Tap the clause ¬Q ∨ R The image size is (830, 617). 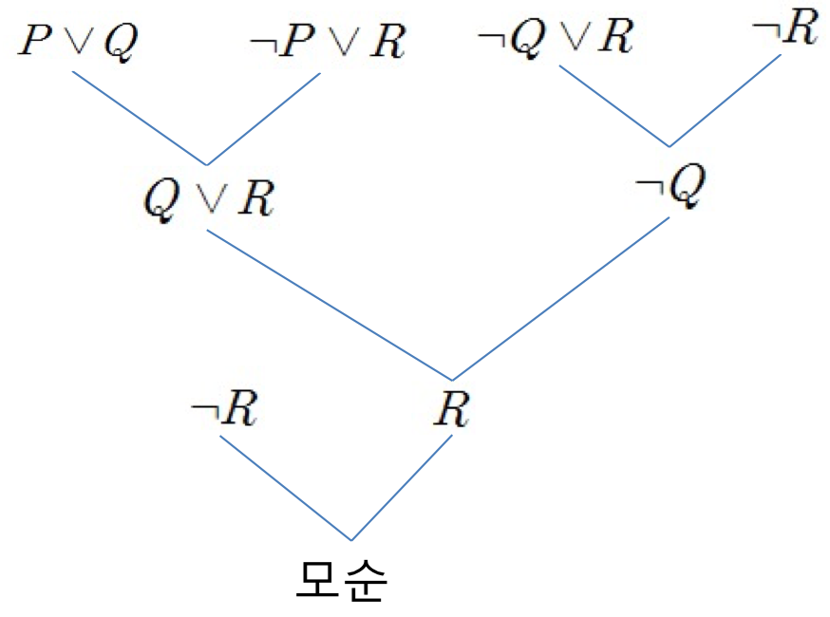[556, 39]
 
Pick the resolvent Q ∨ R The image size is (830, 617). [208, 198]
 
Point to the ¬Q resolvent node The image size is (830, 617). [670, 189]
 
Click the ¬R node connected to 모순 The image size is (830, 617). [224, 411]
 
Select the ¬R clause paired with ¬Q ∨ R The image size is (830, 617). [784, 30]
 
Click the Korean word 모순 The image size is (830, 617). [341, 581]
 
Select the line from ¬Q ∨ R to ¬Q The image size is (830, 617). [614, 105]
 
